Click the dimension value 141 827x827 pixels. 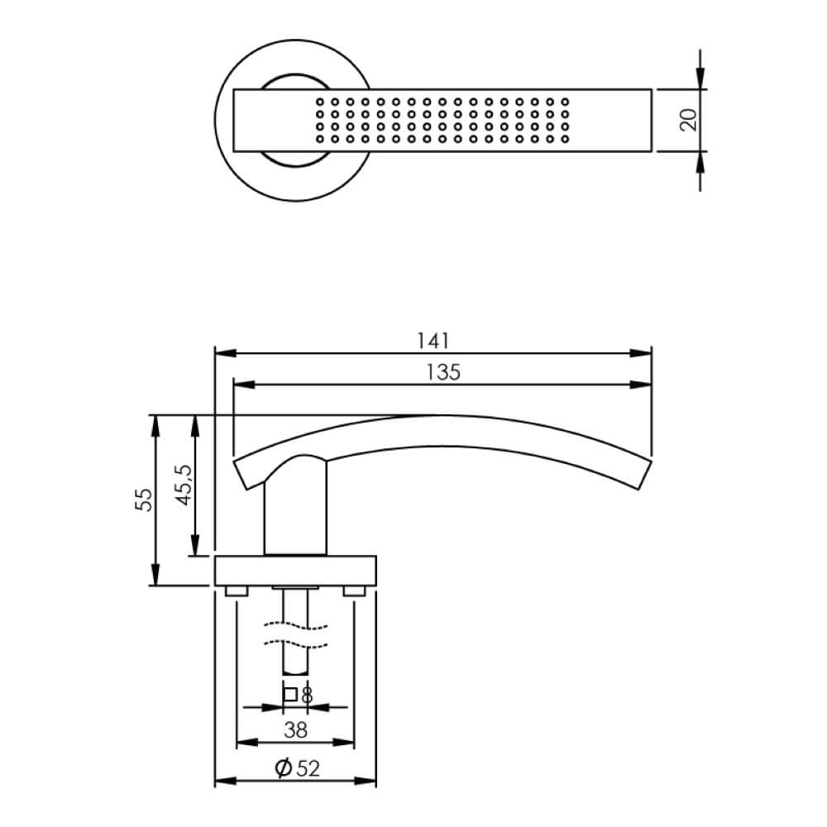pyautogui.click(x=433, y=340)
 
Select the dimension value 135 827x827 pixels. pyautogui.click(x=444, y=371)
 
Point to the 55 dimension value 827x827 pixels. pyautogui.click(x=144, y=500)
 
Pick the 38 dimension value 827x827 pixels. pyautogui.click(x=295, y=729)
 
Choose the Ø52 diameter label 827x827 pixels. pyautogui.click(x=295, y=768)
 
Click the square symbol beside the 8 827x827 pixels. pyautogui.click(x=289, y=696)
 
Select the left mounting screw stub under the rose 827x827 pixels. pyautogui.click(x=237, y=590)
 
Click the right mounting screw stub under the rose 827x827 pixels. pyautogui.click(x=355, y=590)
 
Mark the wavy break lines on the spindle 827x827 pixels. pyautogui.click(x=295, y=633)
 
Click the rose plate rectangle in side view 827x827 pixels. pyautogui.click(x=295, y=570)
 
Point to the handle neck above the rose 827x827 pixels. pyautogui.click(x=295, y=513)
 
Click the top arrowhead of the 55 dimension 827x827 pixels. pyautogui.click(x=155, y=423)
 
